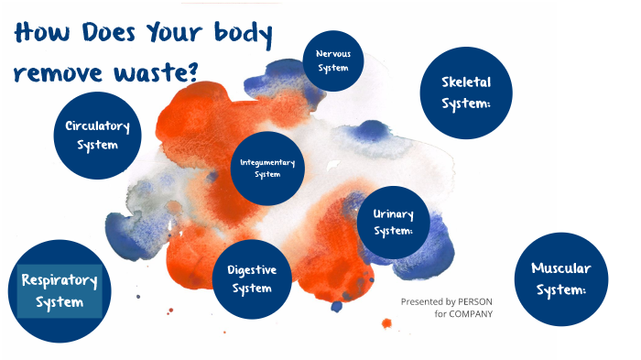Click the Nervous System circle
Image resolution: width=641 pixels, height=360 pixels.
coord(333,60)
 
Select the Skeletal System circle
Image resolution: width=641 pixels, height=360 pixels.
coord(466,93)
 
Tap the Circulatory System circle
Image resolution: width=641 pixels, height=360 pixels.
coord(97,135)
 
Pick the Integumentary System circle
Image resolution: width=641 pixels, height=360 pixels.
coord(267,169)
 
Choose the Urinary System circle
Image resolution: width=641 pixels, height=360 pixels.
coord(394,223)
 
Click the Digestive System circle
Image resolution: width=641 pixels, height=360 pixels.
coord(251,279)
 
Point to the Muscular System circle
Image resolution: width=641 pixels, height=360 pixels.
coord(561,278)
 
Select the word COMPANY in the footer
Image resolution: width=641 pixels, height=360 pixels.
coord(471,313)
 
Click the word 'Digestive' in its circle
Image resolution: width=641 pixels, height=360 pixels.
coord(251,270)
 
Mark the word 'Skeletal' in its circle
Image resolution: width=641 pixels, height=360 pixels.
coord(466,83)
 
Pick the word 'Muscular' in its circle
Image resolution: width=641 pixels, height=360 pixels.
coord(561,268)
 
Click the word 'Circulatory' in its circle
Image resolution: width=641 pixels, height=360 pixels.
coord(97,125)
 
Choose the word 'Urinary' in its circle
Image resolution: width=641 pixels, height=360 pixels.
coord(394,214)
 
